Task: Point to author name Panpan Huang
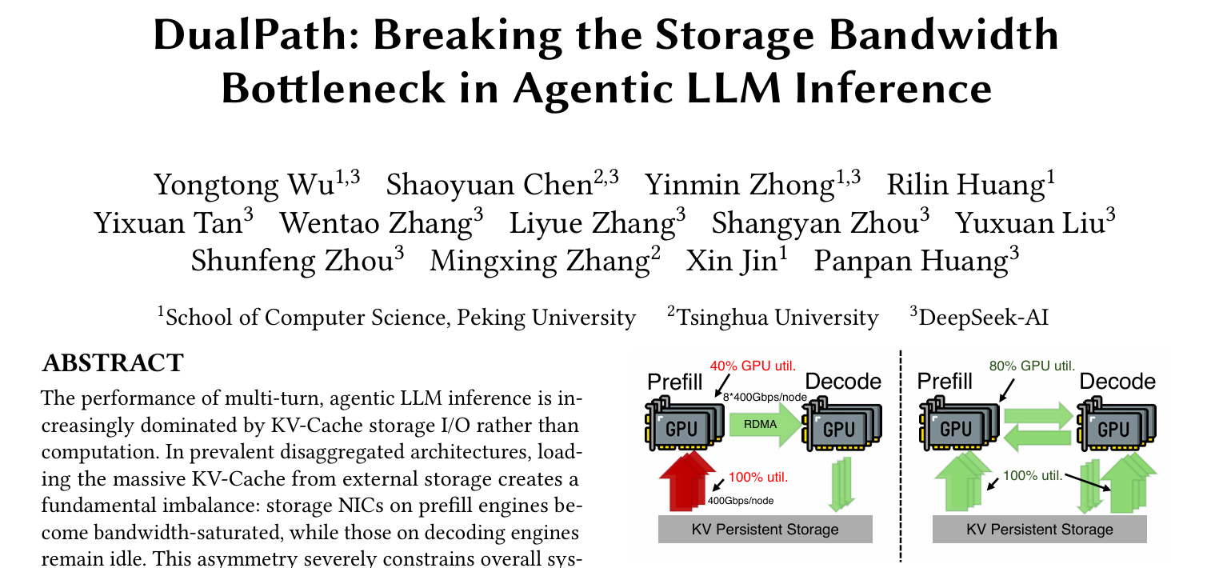click(908, 261)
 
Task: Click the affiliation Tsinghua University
click(777, 318)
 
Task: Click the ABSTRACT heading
click(112, 363)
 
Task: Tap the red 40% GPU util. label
click(753, 366)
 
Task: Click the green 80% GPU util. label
click(1032, 366)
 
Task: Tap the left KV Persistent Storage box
click(764, 529)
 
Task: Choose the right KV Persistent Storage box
click(1039, 529)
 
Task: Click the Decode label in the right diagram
click(1117, 382)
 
